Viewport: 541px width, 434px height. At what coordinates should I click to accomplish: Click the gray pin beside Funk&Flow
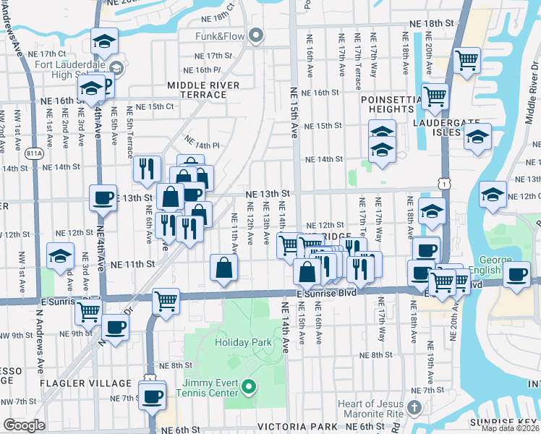(x=255, y=35)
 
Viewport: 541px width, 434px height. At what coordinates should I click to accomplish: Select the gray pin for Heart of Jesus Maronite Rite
(x=414, y=408)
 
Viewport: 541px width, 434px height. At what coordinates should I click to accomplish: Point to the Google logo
(x=24, y=425)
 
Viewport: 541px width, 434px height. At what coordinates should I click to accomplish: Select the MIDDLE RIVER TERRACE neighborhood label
(x=197, y=90)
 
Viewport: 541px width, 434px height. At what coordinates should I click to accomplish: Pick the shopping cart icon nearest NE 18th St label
(x=467, y=59)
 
